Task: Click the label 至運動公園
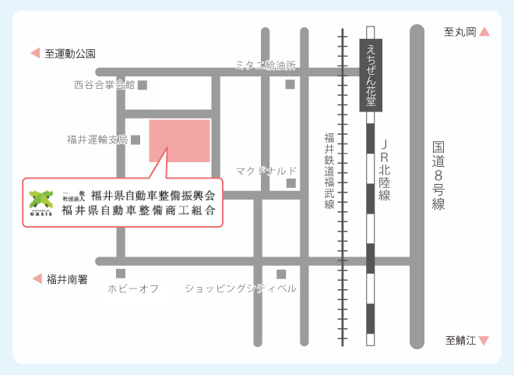pyautogui.click(x=69, y=54)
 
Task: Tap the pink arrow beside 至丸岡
pyautogui.click(x=484, y=32)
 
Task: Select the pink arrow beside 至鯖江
pyautogui.click(x=484, y=341)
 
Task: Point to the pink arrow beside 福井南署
pyautogui.click(x=35, y=278)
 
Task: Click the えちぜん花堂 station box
pyautogui.click(x=371, y=75)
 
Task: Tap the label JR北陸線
pyautogui.click(x=384, y=171)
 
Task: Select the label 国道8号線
pyautogui.click(x=438, y=175)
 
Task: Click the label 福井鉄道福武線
pyautogui.click(x=329, y=171)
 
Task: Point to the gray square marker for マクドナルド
pyautogui.click(x=290, y=183)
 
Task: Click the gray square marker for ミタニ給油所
pyautogui.click(x=290, y=84)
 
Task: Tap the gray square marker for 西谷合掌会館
pyautogui.click(x=142, y=84)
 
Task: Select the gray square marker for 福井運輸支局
pyautogui.click(x=135, y=140)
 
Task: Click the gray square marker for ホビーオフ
pyautogui.click(x=121, y=274)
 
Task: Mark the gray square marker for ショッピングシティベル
pyautogui.click(x=281, y=274)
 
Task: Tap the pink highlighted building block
pyautogui.click(x=180, y=140)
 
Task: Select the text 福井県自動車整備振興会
pyautogui.click(x=153, y=195)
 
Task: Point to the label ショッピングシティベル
pyautogui.click(x=241, y=288)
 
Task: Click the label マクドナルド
pyautogui.click(x=266, y=170)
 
